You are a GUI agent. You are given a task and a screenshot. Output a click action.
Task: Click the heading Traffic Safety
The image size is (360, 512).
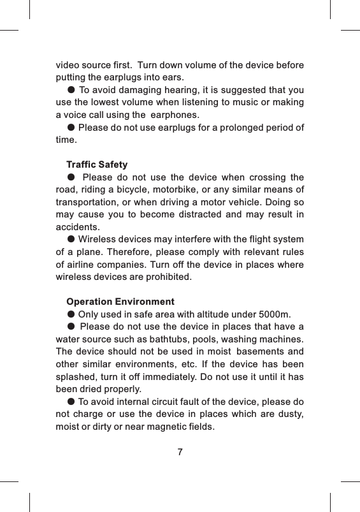coord(97,165)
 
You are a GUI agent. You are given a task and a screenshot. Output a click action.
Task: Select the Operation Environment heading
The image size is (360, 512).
coord(120,301)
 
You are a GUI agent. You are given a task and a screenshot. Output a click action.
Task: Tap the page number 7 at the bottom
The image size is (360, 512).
coord(180,453)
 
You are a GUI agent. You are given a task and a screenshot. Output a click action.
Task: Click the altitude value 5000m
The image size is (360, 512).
coord(275,314)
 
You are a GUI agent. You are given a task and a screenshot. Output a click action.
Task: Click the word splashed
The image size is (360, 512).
coord(76,376)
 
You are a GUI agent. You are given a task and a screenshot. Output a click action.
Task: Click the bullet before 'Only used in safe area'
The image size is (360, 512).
coord(71,314)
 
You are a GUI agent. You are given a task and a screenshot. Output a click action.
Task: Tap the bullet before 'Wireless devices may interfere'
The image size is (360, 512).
coord(71,239)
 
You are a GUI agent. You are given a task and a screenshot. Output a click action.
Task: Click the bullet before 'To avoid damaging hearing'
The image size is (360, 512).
coord(71,90)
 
